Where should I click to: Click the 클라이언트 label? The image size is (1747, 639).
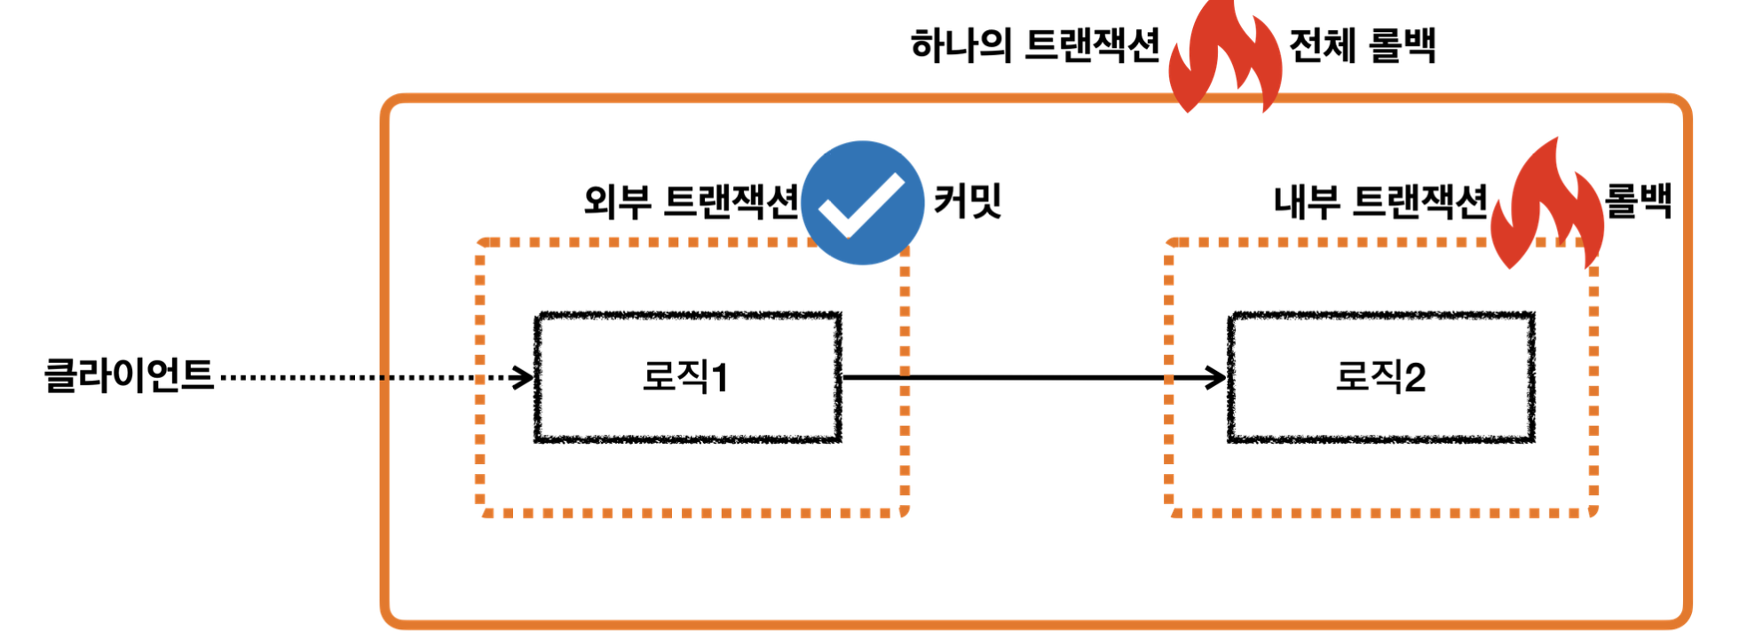130,375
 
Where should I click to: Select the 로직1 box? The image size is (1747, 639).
687,377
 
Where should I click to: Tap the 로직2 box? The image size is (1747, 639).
1381,377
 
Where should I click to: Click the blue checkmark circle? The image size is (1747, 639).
862,202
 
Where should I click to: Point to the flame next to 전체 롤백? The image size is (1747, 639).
1225,58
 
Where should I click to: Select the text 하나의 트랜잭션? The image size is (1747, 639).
1035,45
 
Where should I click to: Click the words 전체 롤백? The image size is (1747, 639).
1362,45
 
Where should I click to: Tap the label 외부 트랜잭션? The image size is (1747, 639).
691,201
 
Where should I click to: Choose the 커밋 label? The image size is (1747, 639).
968,201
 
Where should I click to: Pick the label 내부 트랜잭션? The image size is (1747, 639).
1380,201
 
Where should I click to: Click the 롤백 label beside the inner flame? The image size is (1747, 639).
1639,201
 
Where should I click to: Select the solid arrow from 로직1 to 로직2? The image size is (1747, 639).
1021,378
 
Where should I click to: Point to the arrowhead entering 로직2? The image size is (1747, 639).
1216,378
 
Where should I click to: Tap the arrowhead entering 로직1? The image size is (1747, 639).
524,378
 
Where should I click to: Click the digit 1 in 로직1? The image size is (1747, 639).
720,378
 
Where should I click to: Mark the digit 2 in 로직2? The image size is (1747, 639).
1415,378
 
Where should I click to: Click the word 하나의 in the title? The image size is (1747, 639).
961,45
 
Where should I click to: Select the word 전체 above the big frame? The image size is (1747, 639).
1322,45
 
